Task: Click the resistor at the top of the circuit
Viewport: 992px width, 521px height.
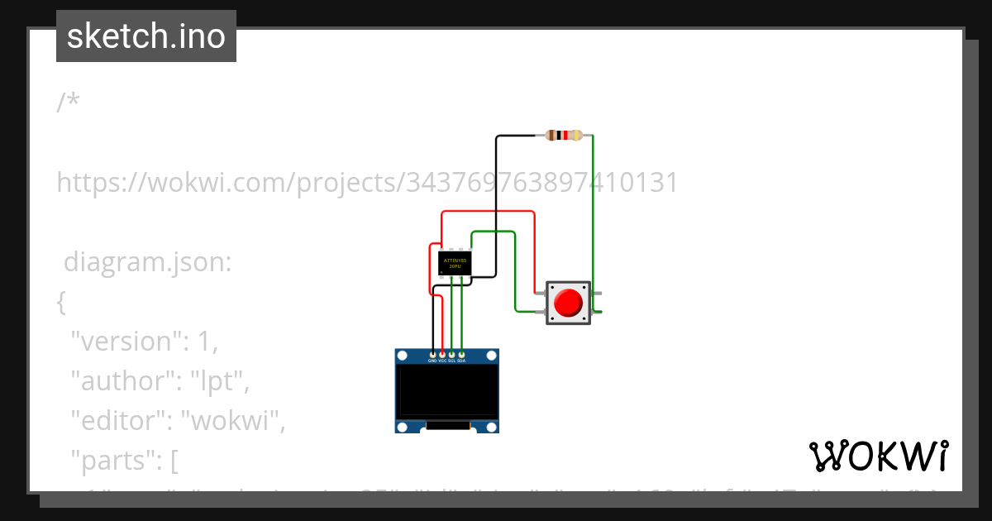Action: click(x=564, y=136)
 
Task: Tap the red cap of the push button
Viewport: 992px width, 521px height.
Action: click(x=569, y=303)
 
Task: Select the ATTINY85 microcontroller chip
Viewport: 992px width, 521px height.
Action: click(x=455, y=263)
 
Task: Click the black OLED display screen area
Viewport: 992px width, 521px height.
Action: click(x=447, y=391)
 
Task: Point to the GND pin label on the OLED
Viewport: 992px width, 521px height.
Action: click(x=432, y=361)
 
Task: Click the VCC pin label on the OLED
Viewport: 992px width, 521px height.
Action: click(x=442, y=361)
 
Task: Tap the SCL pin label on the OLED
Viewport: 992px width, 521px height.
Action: click(x=451, y=361)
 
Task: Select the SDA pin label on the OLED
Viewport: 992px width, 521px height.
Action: click(x=461, y=361)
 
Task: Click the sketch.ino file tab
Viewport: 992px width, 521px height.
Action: click(x=146, y=36)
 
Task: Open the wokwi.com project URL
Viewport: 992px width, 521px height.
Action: click(x=367, y=182)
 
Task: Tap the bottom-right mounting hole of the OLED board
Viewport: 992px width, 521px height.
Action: click(x=492, y=427)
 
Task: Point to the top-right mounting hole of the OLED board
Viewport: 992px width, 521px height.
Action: click(x=492, y=356)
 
